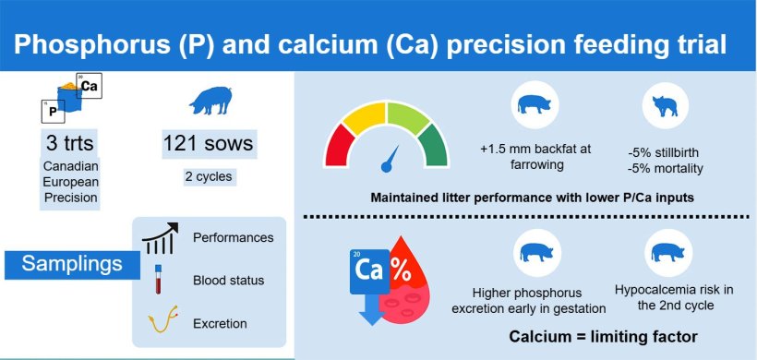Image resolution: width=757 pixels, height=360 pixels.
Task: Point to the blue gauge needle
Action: pyautogui.click(x=391, y=160)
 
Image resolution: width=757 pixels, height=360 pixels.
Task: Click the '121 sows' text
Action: pyautogui.click(x=208, y=143)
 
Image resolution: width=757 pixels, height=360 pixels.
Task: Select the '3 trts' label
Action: pyautogui.click(x=70, y=143)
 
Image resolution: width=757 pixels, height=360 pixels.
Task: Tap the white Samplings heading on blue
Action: pyautogui.click(x=72, y=264)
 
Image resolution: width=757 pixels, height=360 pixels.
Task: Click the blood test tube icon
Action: pyautogui.click(x=157, y=279)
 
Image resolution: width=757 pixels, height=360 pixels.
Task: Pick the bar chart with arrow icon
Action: pyautogui.click(x=160, y=238)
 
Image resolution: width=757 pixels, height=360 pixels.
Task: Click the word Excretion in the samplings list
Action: pyautogui.click(x=220, y=323)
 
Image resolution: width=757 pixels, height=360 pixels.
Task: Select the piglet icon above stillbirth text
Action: pyautogui.click(x=666, y=105)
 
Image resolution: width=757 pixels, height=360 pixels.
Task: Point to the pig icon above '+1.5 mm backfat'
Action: pyautogui.click(x=535, y=104)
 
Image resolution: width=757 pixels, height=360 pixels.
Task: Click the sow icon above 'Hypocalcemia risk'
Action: pyautogui.click(x=668, y=252)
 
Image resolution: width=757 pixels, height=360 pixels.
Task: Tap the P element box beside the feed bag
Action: pyautogui.click(x=53, y=112)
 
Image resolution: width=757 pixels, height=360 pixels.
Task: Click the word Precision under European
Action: pyautogui.click(x=70, y=198)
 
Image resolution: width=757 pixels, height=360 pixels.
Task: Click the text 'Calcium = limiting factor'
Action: pyautogui.click(x=603, y=336)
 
